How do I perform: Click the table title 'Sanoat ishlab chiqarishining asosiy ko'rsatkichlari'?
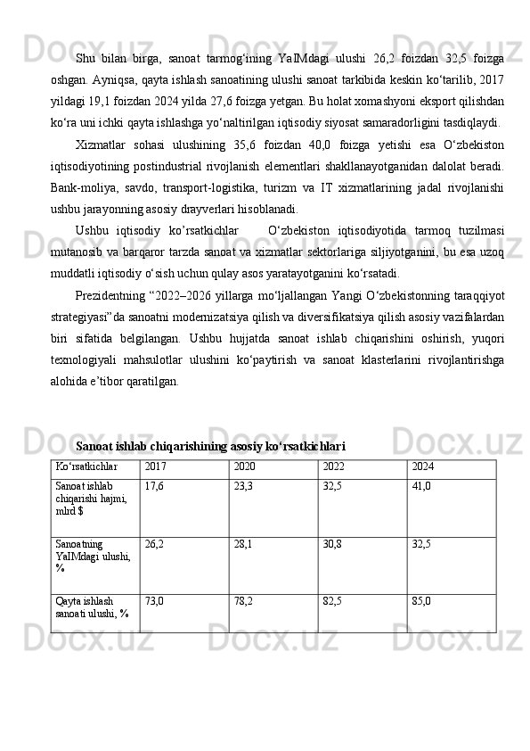pos(211,445)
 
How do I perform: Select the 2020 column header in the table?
pos(241,466)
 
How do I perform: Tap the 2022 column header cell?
pos(333,466)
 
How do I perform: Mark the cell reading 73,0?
pos(153,601)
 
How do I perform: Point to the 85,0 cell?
pos(421,601)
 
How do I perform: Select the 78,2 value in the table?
pos(242,601)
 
